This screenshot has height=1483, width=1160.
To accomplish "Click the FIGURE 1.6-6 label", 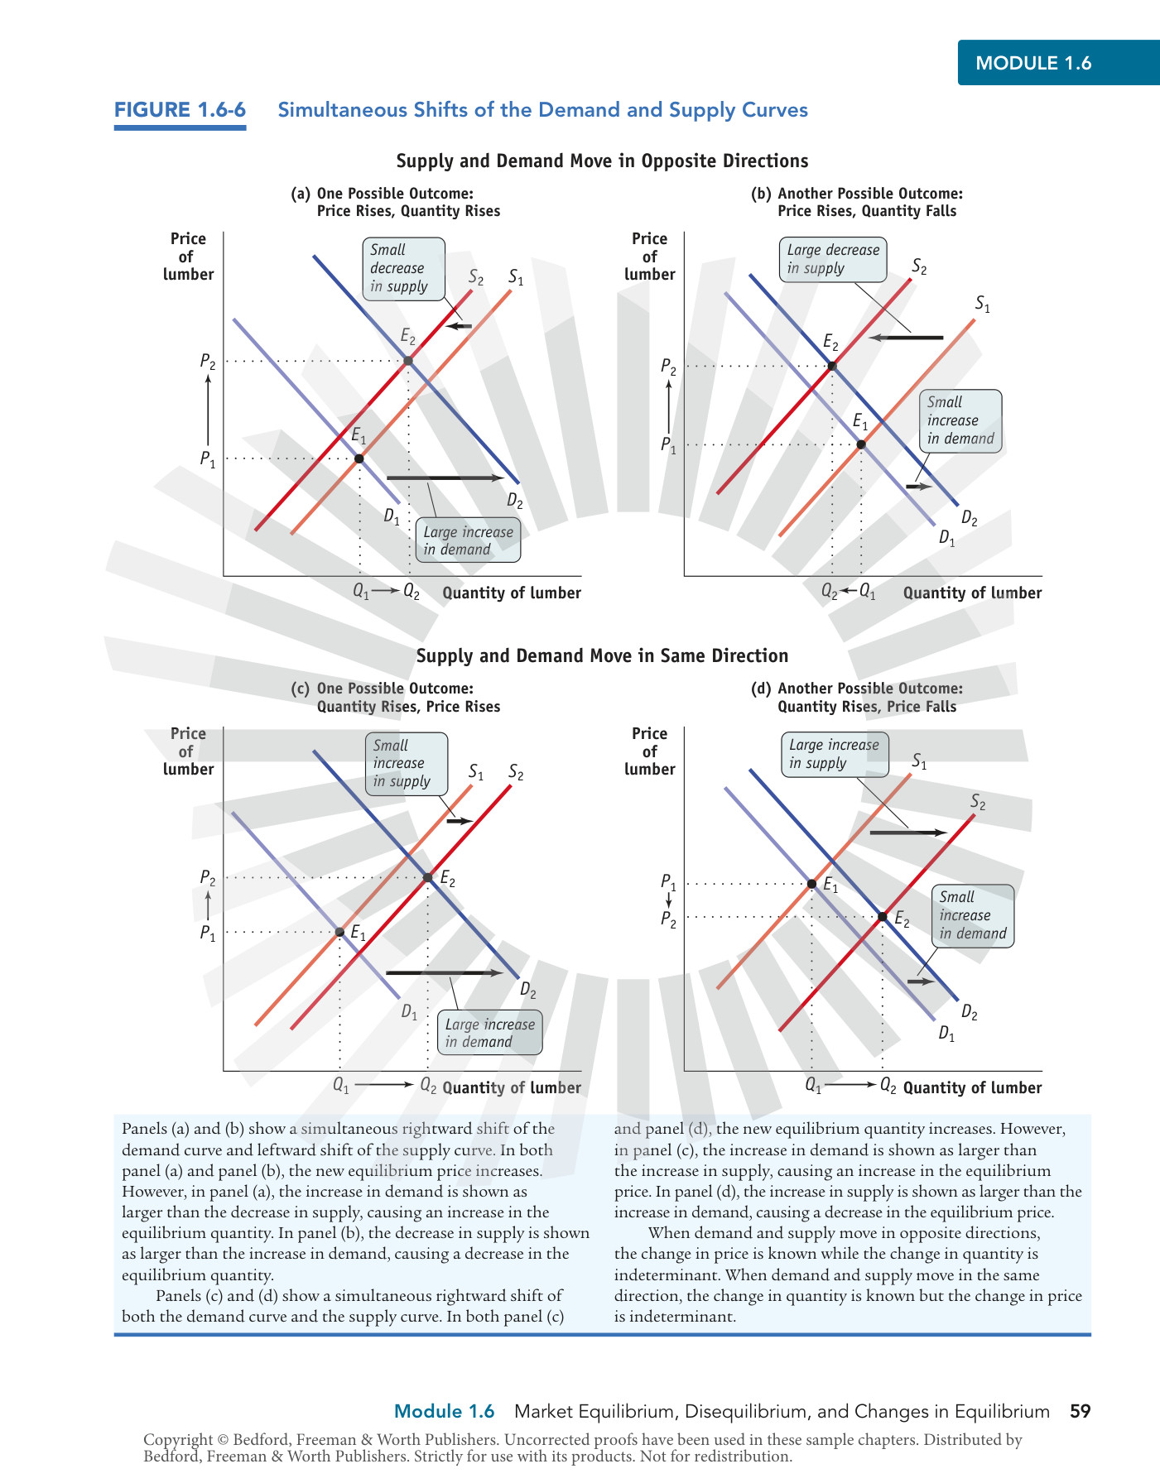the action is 180,110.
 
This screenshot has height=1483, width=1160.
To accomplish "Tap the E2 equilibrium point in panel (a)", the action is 408,361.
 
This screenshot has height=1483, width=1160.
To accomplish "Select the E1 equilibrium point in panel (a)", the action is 359,458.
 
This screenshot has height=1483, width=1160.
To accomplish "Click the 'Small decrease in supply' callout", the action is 403,268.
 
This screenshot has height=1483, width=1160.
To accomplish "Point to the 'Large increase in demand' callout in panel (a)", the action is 468,540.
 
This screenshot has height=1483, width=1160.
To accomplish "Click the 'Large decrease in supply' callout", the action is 833,259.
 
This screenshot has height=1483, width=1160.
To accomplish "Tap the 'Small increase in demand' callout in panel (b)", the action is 960,421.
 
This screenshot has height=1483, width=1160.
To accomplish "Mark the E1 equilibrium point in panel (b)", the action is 861,444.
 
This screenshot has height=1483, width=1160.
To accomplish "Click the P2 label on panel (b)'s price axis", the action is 668,367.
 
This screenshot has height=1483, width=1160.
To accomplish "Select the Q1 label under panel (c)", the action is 341,1085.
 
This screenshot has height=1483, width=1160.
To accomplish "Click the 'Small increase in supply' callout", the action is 407,764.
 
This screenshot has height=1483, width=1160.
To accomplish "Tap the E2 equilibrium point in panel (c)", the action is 427,877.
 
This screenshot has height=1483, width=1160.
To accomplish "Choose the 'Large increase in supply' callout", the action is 835,754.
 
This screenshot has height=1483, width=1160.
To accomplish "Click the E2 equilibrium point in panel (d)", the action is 883,916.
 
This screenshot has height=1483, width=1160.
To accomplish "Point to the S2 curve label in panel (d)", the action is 978,802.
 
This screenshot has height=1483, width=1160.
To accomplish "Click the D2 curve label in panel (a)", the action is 515,502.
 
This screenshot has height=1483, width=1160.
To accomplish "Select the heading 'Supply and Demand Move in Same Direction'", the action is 602,655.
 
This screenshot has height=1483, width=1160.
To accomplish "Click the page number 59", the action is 1081,1411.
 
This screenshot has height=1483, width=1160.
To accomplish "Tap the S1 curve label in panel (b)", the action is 983,304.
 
